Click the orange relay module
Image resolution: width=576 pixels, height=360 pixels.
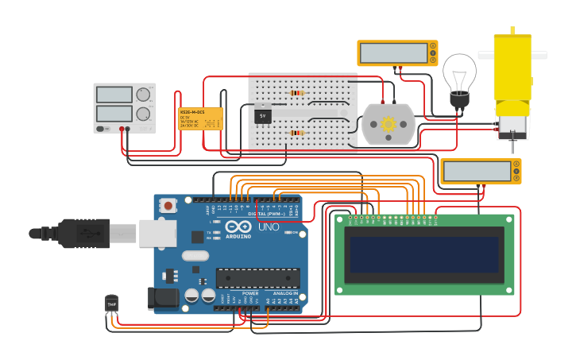(x=200, y=118)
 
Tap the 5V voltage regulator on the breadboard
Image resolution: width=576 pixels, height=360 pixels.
(x=263, y=116)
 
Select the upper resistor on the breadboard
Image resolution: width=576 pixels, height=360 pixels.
(x=296, y=93)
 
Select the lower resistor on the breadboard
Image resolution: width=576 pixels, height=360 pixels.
(x=297, y=133)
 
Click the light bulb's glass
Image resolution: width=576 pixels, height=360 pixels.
(x=459, y=72)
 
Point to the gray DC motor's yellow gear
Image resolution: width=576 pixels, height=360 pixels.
(x=388, y=124)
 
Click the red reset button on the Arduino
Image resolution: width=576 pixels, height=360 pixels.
(x=168, y=205)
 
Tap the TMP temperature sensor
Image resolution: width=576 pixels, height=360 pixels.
(x=111, y=304)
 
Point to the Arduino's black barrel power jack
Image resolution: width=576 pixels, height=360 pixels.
(x=165, y=298)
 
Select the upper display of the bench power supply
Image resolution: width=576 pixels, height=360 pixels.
(x=114, y=95)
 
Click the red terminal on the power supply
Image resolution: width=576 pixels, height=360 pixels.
(x=122, y=129)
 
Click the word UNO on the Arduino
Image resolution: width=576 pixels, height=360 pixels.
(x=269, y=227)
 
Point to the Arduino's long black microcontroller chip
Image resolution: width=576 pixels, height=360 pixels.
(x=257, y=278)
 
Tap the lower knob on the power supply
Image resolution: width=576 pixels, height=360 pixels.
(x=143, y=114)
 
